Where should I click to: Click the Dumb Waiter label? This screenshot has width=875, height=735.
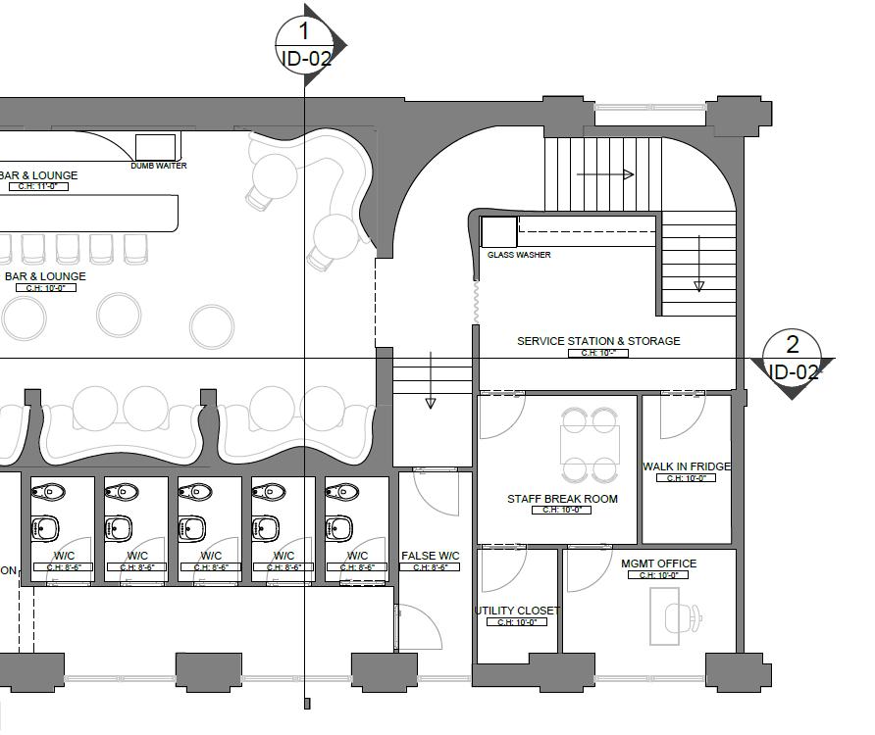coord(159,166)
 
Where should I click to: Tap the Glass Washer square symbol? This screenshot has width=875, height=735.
coord(498,232)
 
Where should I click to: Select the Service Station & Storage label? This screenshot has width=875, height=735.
coord(598,341)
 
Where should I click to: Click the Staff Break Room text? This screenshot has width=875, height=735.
coord(562,499)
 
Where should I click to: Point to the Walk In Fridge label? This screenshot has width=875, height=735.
coord(687,466)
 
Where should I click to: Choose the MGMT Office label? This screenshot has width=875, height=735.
coord(658,563)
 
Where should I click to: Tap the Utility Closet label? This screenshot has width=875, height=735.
coord(517,611)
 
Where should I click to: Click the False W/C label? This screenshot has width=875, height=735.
coord(431,557)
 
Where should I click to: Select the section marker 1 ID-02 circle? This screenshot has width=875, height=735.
coord(307,45)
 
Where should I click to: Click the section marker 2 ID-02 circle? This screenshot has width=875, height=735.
coord(793,358)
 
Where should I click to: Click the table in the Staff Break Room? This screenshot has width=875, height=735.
coord(590,445)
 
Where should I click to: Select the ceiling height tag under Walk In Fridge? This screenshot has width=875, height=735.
coord(687,478)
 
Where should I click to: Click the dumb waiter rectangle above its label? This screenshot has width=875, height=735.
coord(155,146)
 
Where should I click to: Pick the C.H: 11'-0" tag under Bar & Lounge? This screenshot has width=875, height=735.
coord(38,186)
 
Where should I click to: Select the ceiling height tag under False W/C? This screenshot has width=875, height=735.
coord(431,567)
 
